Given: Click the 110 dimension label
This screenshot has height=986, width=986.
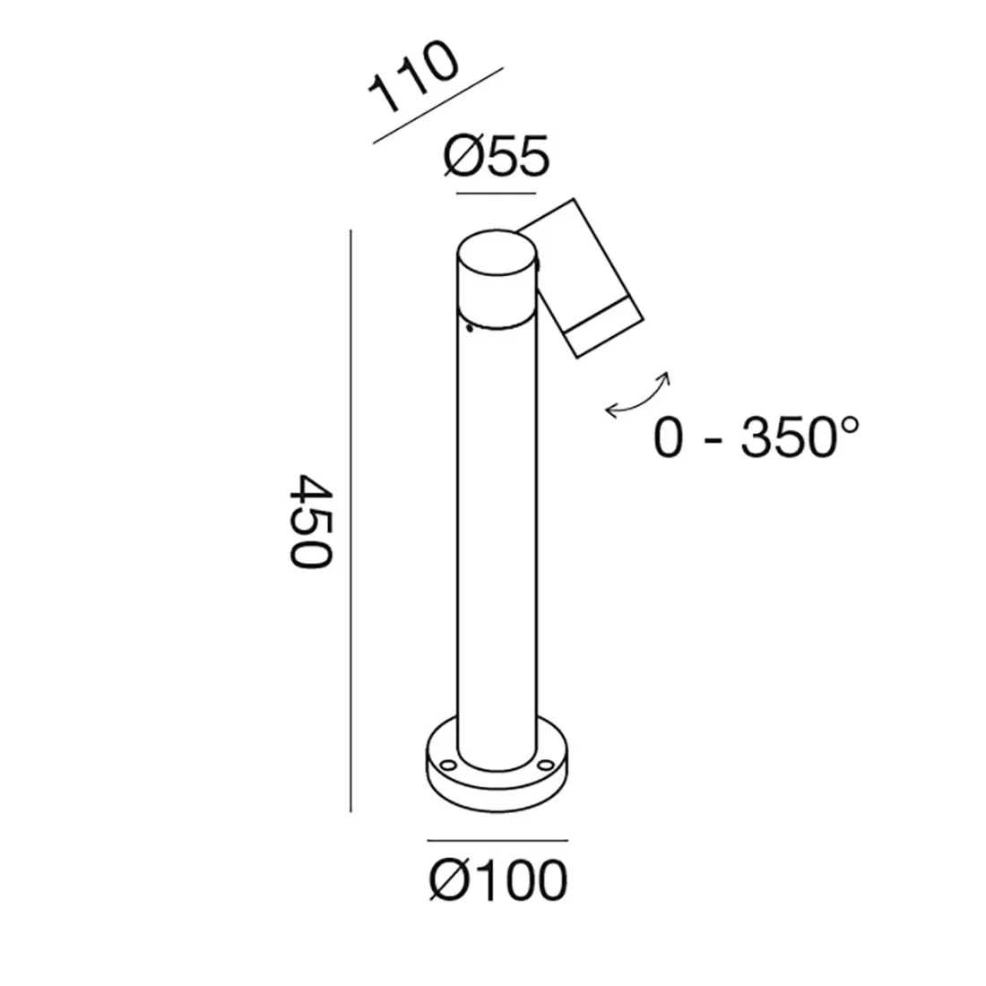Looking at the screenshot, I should [414, 78].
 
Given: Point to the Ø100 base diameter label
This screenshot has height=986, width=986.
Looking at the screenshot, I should [498, 880].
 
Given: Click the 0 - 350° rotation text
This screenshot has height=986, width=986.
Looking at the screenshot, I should [757, 438].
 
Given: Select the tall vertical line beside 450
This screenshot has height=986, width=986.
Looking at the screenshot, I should [350, 520].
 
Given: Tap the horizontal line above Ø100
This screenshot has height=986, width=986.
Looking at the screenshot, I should [497, 841].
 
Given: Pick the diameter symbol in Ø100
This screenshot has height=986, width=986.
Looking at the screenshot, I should [445, 881].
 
